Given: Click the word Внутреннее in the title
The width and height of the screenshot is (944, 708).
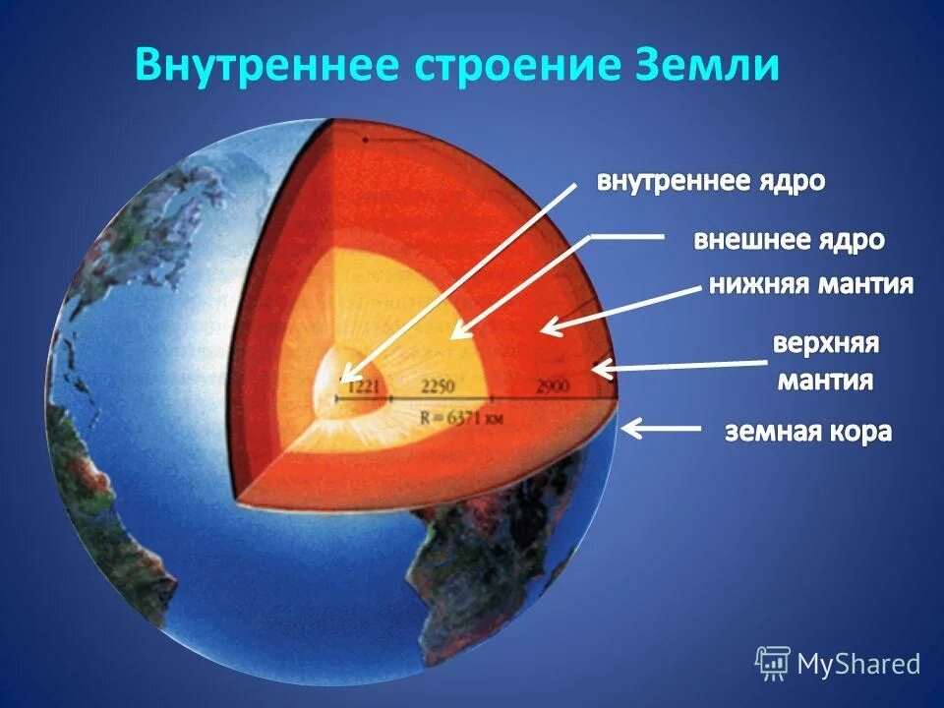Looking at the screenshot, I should tap(265, 64).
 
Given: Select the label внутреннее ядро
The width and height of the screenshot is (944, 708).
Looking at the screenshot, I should tap(712, 183).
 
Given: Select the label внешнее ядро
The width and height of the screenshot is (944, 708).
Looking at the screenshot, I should tap(790, 240).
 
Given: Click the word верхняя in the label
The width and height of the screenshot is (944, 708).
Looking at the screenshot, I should tap(825, 345).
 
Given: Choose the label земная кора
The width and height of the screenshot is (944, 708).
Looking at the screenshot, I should tap(808, 431).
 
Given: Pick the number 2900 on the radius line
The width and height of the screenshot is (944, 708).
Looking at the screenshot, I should tap(553, 386).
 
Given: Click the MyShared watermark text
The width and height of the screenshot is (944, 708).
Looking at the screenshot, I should tap(858, 664).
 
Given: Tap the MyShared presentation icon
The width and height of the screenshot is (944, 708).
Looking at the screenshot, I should tap(772, 664).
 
